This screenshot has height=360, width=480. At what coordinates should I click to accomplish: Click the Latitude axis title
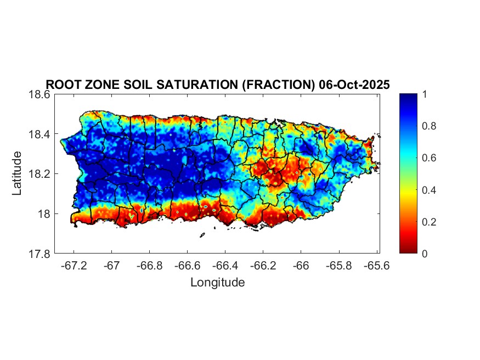[17, 173]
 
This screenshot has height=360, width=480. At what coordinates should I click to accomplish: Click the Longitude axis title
[217, 283]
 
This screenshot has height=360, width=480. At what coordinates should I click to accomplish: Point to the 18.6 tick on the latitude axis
[40, 94]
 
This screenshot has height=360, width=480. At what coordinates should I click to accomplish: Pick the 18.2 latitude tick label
[40, 174]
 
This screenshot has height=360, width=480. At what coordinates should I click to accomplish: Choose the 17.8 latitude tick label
[40, 254]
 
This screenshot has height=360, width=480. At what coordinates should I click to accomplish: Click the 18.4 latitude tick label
[40, 134]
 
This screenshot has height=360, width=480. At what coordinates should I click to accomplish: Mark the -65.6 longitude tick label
[376, 265]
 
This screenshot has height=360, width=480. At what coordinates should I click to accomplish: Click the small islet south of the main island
[202, 235]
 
